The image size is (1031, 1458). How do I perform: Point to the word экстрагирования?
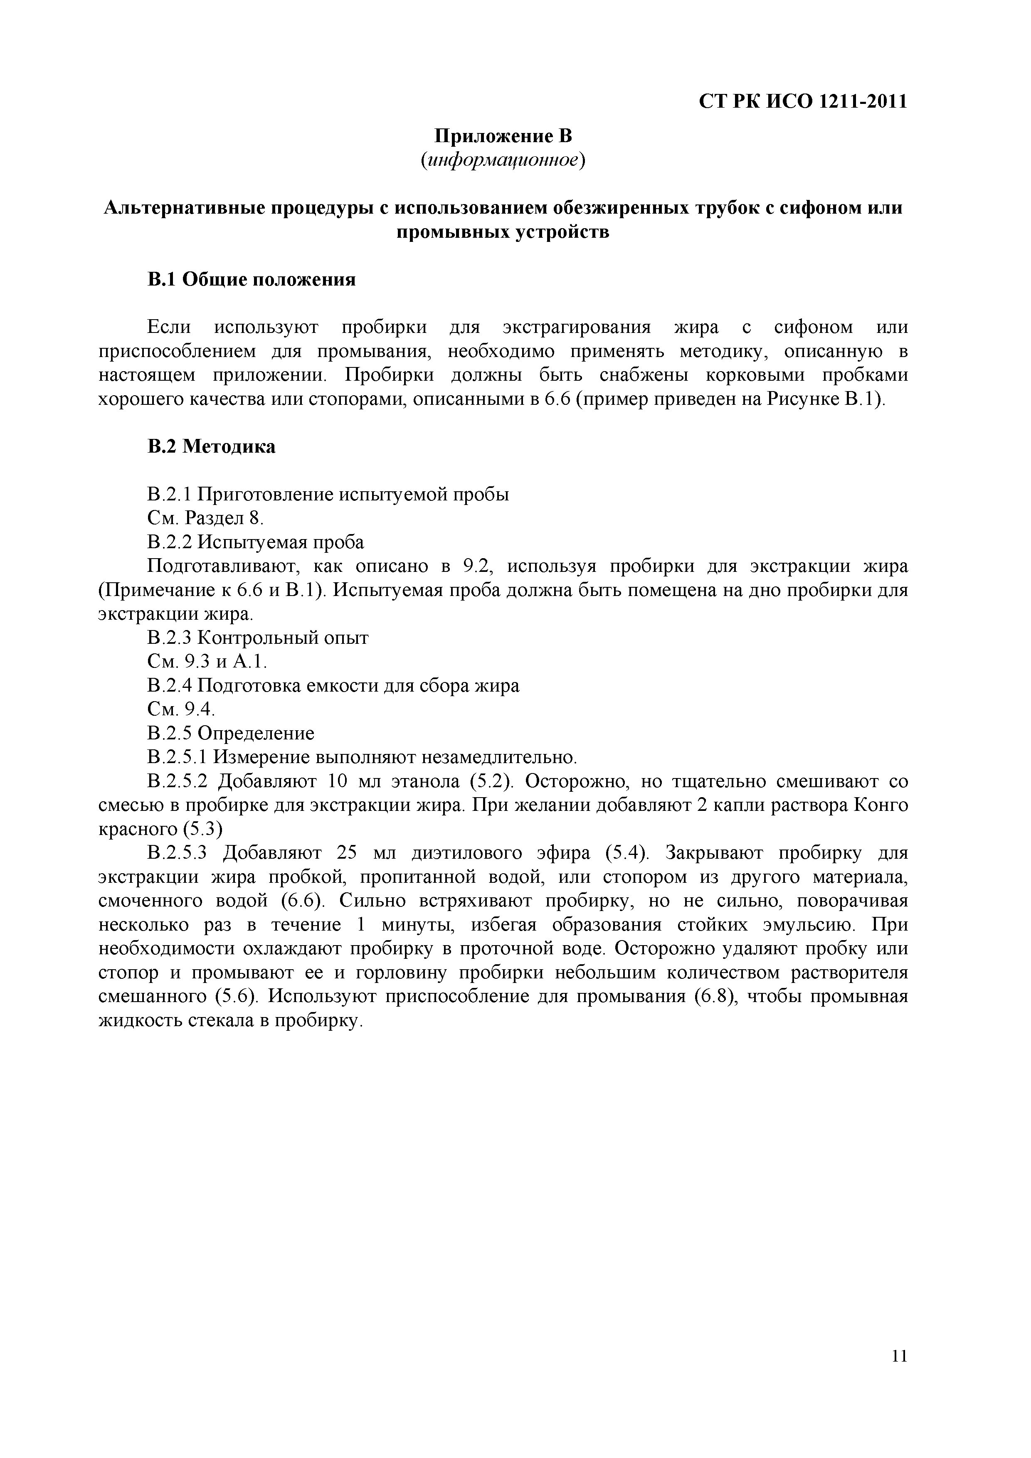577,327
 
